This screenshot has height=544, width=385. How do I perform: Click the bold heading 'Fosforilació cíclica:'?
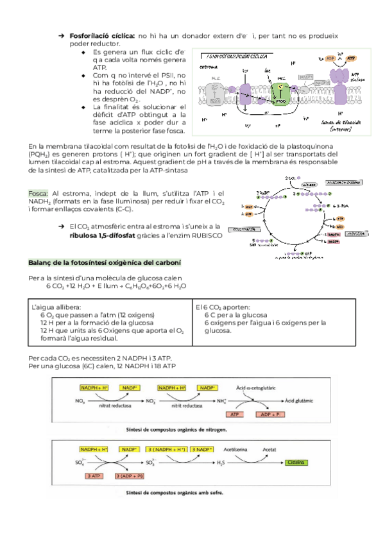(x=102, y=35)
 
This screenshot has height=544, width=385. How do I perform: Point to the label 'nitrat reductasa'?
(x=116, y=407)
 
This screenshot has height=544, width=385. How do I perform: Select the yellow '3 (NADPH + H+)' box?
(x=167, y=450)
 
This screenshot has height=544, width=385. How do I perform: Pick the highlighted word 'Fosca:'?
(x=39, y=193)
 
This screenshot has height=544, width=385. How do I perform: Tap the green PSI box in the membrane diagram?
(x=280, y=89)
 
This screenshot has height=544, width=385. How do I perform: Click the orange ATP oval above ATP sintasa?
(x=351, y=58)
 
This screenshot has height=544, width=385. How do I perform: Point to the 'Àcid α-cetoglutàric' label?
(x=257, y=388)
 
